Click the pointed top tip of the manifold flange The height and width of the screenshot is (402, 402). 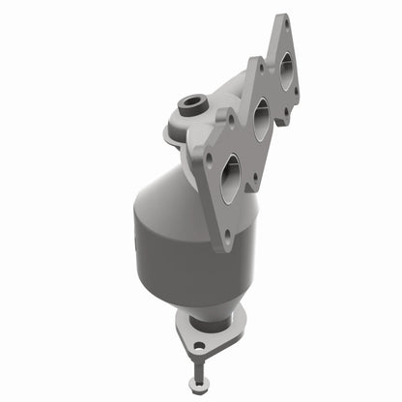282,16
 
